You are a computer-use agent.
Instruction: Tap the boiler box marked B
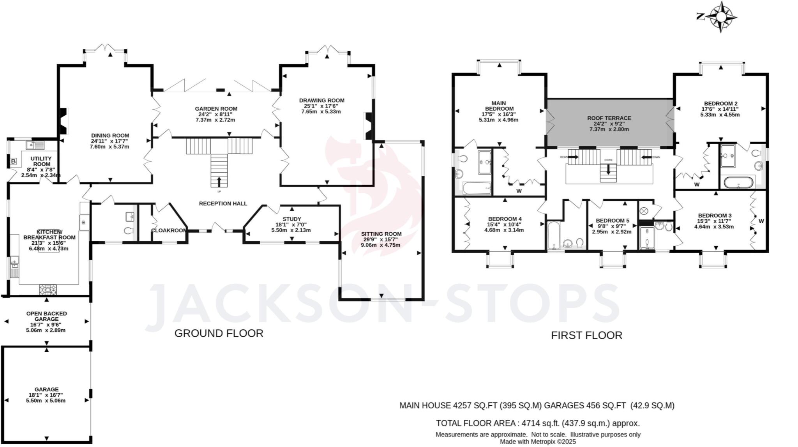point(13,161)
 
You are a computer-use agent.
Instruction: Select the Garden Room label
point(216,109)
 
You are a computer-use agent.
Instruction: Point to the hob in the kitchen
point(48,290)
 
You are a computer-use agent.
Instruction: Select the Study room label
point(292,219)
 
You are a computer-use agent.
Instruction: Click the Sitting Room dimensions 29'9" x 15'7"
point(381,240)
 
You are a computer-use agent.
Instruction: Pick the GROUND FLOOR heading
point(219,333)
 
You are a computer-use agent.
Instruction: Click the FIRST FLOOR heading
point(586,335)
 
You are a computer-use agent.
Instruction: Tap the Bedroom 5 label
point(612,221)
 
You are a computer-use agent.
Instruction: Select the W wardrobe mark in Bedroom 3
point(761,221)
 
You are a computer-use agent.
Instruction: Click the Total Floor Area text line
point(538,423)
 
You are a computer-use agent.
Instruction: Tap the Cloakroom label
point(169,230)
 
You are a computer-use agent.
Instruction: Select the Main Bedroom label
point(499,106)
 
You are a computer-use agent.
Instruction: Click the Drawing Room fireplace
point(368,126)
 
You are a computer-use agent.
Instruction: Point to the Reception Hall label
point(223,203)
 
